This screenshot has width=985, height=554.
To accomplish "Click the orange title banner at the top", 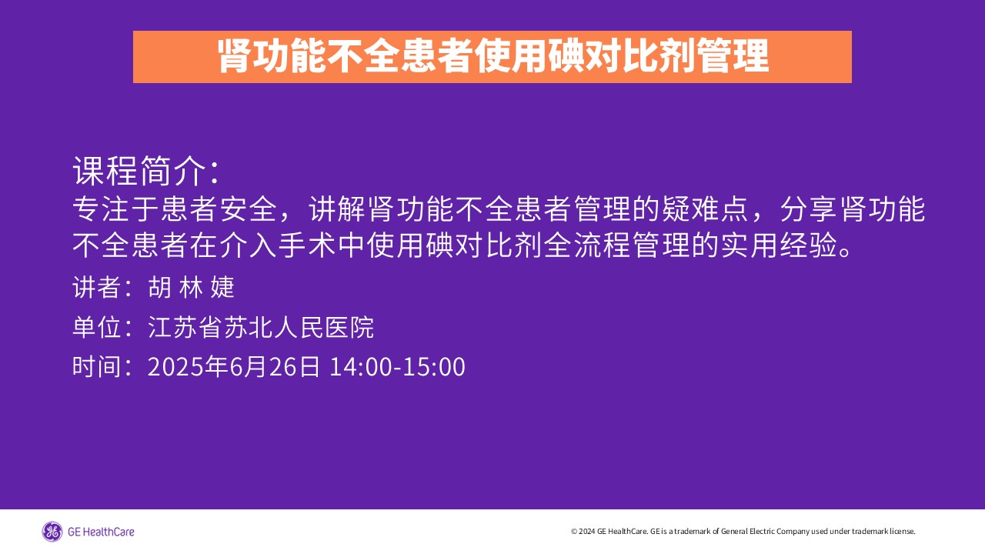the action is (492, 57).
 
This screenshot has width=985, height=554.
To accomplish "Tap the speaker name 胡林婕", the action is (191, 288).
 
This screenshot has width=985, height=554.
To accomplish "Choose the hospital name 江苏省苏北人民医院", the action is (261, 327).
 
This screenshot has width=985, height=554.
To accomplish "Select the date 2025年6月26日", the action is (233, 366).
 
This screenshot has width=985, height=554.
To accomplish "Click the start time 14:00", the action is (360, 367).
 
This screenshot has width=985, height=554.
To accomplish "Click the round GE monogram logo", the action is (52, 532).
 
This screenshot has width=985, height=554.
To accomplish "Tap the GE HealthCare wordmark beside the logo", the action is (101, 532).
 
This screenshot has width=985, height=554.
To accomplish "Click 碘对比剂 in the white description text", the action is (484, 245).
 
